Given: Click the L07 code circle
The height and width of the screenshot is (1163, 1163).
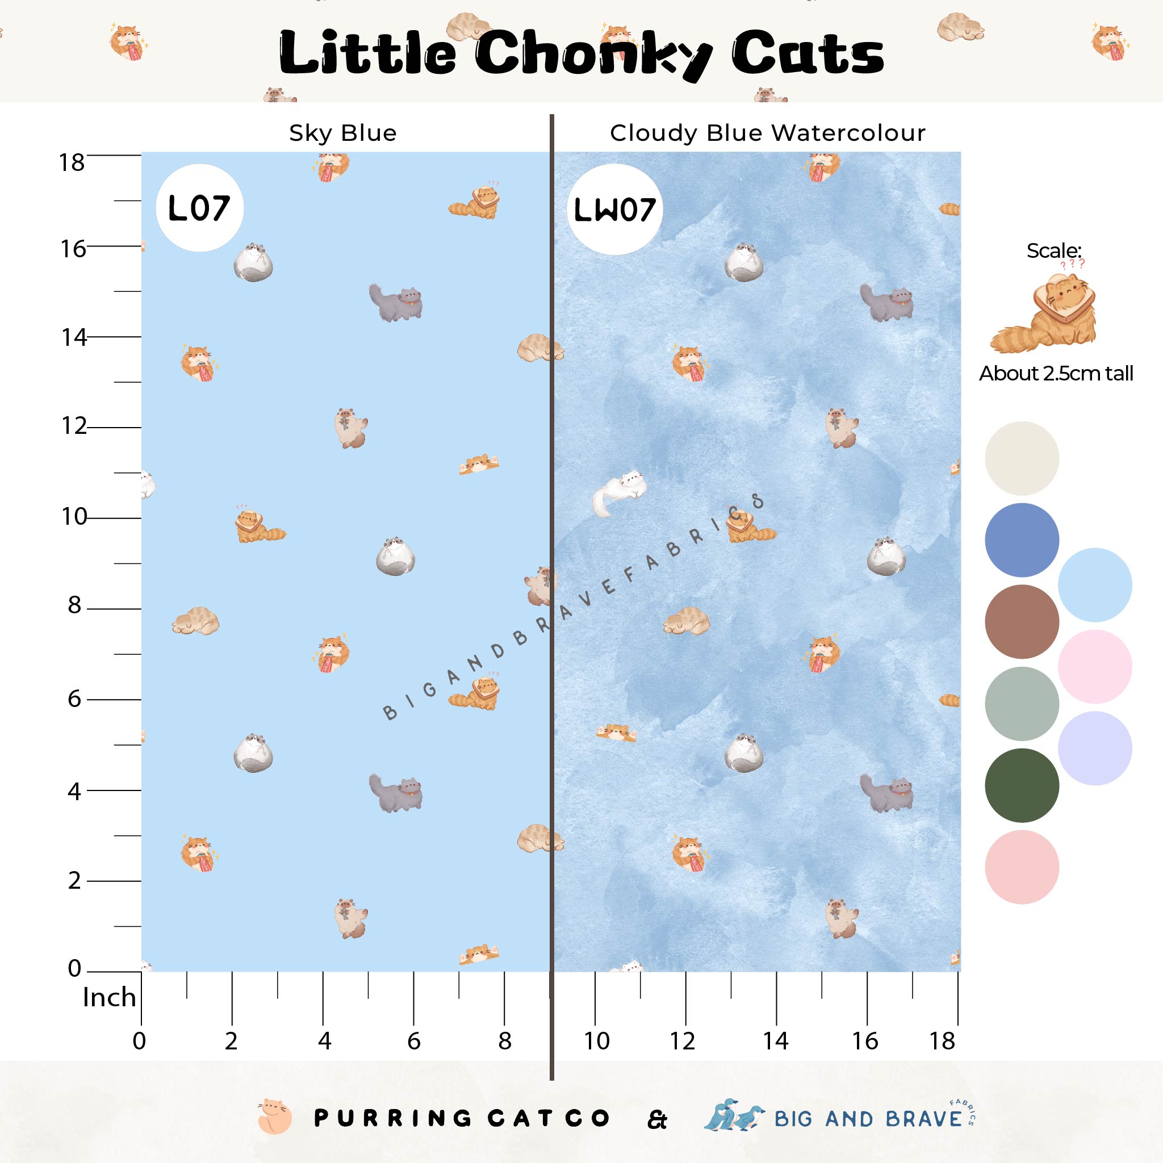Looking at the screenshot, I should point(199,208).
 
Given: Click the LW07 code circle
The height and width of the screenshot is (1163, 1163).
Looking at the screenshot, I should point(614,210).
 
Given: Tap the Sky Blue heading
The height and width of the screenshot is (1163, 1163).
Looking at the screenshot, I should point(342,133).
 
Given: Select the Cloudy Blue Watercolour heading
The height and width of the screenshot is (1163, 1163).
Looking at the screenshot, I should point(768,133).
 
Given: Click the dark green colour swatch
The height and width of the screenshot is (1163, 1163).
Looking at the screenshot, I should point(1022,785).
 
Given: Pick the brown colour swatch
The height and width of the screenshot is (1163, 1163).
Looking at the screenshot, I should point(1022,621).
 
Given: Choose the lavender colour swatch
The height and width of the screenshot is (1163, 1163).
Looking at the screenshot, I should point(1094,748).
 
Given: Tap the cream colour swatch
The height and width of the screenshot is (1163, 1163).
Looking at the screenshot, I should point(1022,458).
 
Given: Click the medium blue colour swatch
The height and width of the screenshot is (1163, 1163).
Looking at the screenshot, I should point(1022,540).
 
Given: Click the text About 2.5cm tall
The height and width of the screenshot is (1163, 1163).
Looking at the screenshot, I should point(1056,374).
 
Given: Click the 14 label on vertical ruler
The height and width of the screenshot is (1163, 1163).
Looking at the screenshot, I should point(73,337).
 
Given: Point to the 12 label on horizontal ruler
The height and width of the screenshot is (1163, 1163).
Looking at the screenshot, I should point(683,1041).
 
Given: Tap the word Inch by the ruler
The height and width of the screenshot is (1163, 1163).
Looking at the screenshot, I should point(109,997).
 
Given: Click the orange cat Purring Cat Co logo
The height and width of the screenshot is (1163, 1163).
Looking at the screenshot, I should point(274,1118).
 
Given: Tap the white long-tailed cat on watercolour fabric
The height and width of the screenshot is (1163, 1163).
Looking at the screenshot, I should point(619,492).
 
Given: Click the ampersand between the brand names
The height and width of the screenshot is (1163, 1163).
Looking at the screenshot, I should point(658,1120).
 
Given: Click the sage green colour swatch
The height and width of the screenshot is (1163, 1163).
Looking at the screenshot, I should point(1022,703).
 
